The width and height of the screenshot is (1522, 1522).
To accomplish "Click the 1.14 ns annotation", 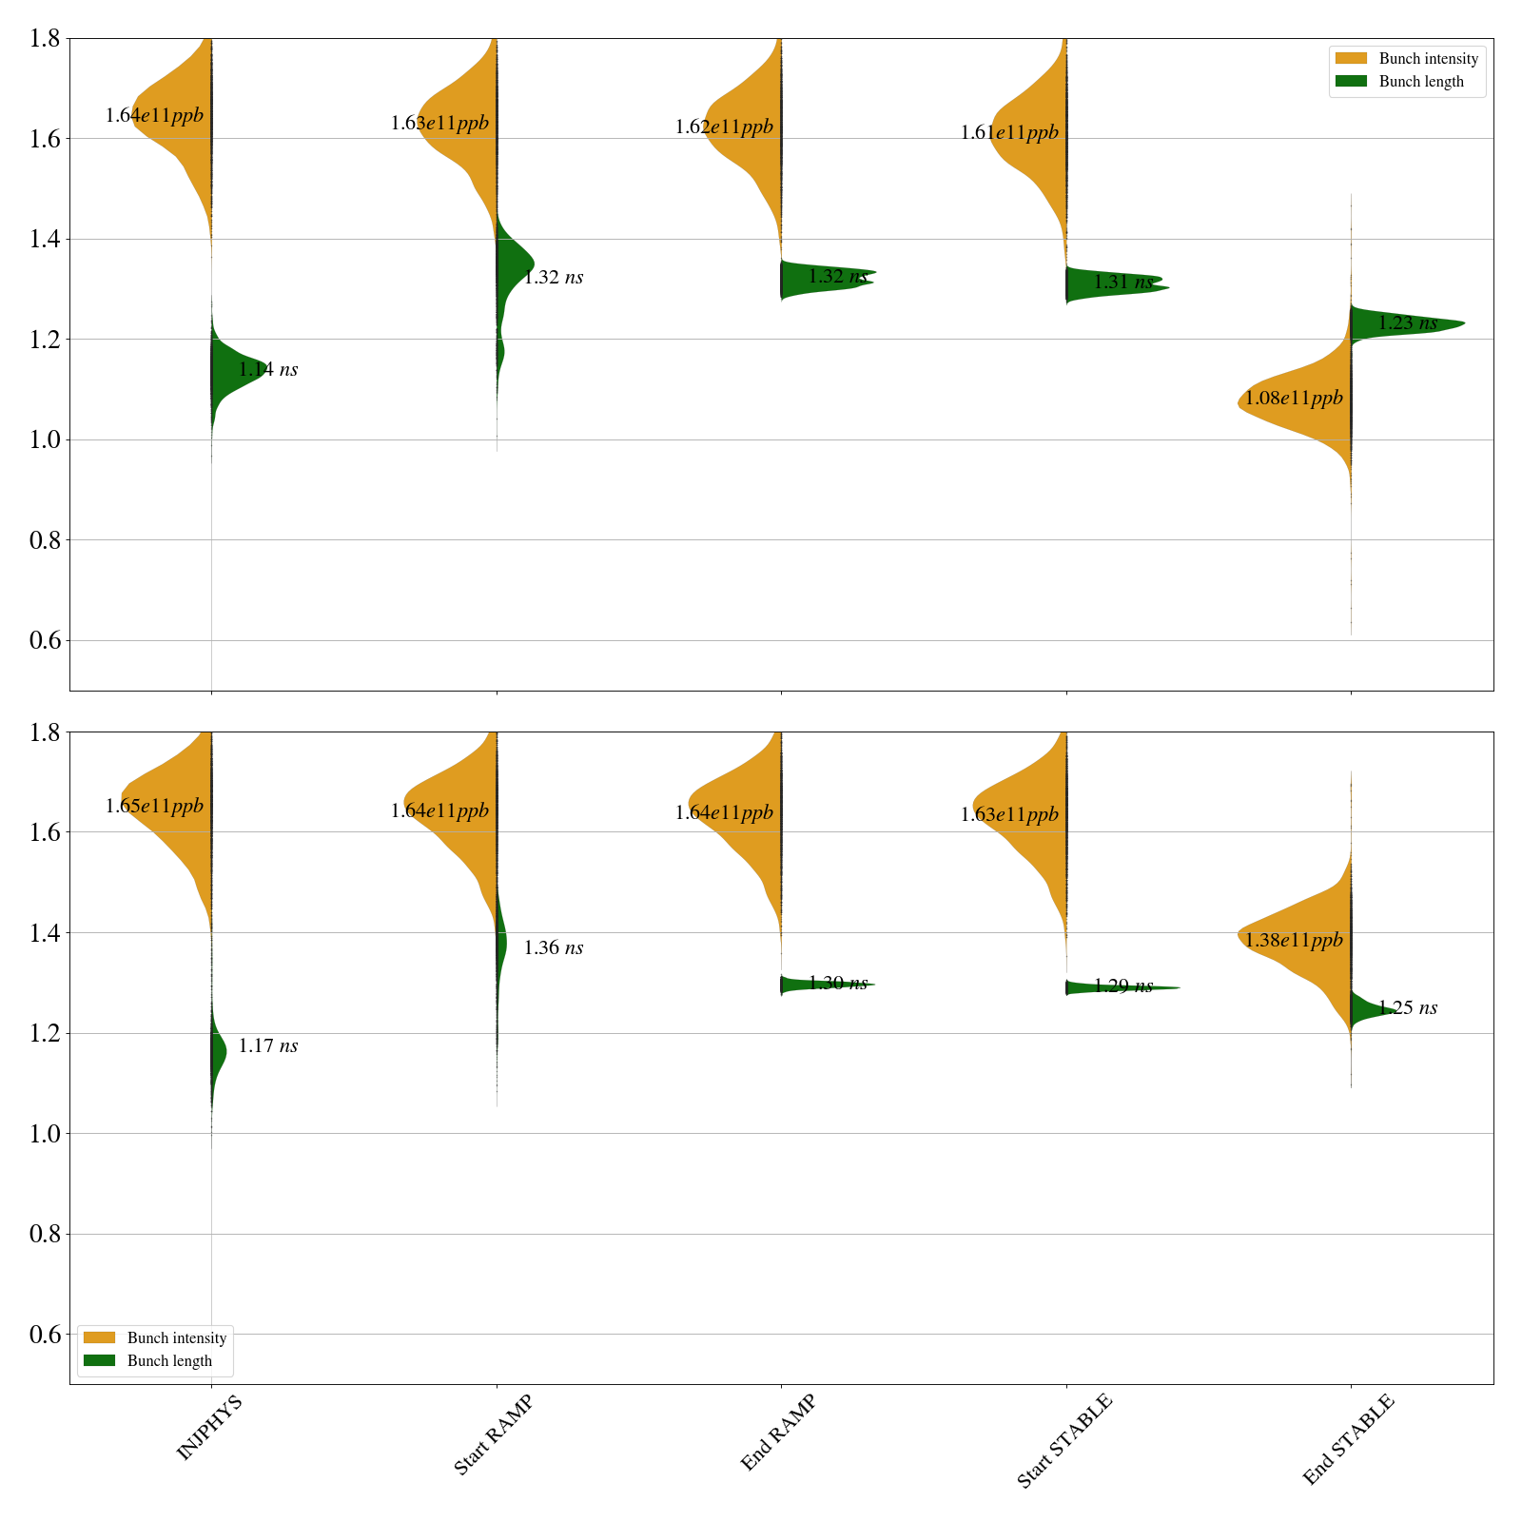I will pyautogui.click(x=267, y=369).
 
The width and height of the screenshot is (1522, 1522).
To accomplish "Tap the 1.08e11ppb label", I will pyautogui.click(x=1294, y=399).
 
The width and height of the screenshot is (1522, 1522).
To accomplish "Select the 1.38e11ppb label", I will pyautogui.click(x=1294, y=941).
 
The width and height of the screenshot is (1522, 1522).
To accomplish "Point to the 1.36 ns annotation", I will pyautogui.click(x=553, y=947).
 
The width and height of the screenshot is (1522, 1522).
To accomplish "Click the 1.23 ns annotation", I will pyautogui.click(x=1407, y=323).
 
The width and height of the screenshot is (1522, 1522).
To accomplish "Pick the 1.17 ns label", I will pyautogui.click(x=267, y=1046).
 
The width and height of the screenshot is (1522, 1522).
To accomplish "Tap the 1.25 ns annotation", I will pyautogui.click(x=1407, y=1008).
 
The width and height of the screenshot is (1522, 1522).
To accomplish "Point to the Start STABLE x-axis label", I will pyautogui.click(x=1063, y=1440).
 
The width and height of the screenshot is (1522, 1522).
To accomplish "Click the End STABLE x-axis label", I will pyautogui.click(x=1348, y=1438).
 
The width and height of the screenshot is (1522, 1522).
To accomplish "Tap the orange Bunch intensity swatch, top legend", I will pyautogui.click(x=1350, y=59).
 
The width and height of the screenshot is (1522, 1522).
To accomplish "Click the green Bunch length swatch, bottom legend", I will pyautogui.click(x=99, y=1360).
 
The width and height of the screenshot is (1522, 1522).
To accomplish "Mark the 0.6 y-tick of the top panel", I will pyautogui.click(x=46, y=640).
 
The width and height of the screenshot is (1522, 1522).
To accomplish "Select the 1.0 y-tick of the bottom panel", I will pyautogui.click(x=46, y=1134).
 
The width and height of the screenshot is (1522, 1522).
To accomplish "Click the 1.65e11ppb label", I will pyautogui.click(x=154, y=807).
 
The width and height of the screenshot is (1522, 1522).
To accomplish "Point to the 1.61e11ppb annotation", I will pyautogui.click(x=1009, y=133).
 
